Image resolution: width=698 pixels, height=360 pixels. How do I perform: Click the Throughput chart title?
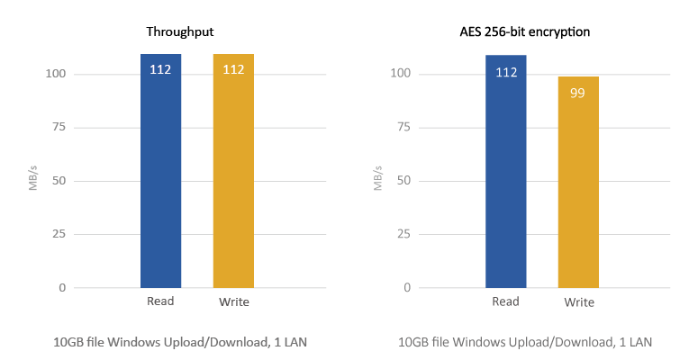[180, 32]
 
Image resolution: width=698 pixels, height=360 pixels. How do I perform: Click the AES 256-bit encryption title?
[525, 32]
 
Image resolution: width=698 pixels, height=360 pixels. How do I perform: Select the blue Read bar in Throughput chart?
[160, 180]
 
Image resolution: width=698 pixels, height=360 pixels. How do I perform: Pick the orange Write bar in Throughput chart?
[233, 180]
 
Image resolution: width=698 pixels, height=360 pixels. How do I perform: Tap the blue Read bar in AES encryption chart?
[506, 180]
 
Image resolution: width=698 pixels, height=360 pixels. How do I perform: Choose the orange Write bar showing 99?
[578, 189]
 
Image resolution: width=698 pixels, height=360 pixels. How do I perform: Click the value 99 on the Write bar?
[578, 92]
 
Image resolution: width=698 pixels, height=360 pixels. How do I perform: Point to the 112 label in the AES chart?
[506, 72]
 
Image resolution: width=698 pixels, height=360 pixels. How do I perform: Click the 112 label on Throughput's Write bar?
[233, 69]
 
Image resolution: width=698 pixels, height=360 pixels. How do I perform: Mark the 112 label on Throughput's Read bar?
[160, 69]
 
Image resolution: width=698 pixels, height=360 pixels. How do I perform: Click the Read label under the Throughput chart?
[160, 301]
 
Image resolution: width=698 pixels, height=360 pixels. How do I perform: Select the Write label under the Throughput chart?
[234, 301]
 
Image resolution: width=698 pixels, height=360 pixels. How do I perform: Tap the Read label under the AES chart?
[506, 301]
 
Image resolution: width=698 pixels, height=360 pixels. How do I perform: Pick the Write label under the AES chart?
[579, 301]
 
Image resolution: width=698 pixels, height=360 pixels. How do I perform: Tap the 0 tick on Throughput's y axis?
[61, 288]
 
